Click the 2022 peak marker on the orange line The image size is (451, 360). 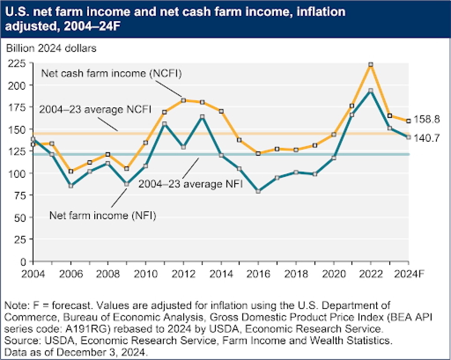point(371,65)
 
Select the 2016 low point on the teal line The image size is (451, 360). point(258,191)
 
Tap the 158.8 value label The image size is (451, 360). point(427,119)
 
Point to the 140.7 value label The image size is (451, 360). point(427,138)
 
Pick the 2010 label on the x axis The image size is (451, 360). point(146,274)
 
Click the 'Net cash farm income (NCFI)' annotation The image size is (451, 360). point(111,73)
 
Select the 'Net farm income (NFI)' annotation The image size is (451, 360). point(103,215)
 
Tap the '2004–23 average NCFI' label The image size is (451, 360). point(95,109)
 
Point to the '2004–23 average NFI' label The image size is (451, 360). point(190,184)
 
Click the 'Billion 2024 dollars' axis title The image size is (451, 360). point(51,48)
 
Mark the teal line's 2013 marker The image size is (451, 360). point(202,117)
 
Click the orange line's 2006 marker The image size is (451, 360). point(71,172)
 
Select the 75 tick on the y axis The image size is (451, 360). point(20,195)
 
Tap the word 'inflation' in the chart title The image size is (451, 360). point(321,12)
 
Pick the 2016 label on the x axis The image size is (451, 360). point(258,274)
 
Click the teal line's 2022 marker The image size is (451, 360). point(371,90)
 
